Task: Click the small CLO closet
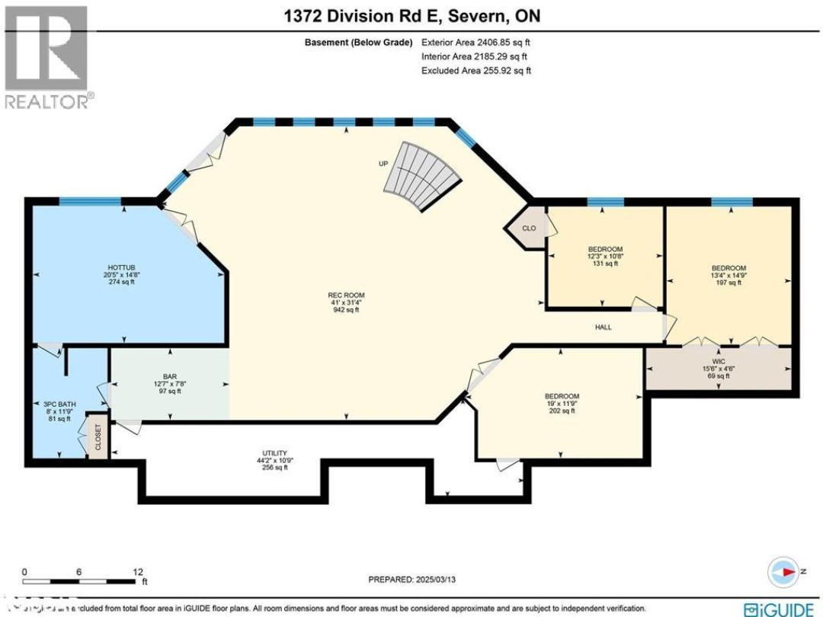click(528, 227)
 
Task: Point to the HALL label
click(604, 328)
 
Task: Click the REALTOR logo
click(46, 57)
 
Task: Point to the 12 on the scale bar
click(139, 571)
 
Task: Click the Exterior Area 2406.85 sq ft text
click(475, 43)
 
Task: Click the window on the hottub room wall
click(90, 201)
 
